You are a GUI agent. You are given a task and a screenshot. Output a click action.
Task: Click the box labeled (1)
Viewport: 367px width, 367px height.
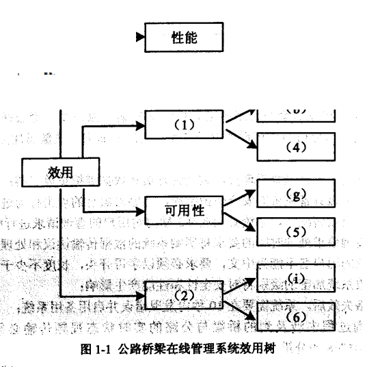pos(184,125)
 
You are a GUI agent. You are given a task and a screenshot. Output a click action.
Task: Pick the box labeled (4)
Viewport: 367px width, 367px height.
pos(296,146)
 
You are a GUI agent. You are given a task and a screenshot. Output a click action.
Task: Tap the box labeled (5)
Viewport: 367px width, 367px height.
pos(296,231)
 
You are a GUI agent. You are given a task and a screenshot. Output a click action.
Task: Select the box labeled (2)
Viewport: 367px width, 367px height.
pos(184,296)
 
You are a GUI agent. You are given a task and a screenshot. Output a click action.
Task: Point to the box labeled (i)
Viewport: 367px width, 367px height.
pos(296,278)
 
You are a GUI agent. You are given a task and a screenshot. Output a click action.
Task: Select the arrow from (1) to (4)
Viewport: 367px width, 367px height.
pos(241,136)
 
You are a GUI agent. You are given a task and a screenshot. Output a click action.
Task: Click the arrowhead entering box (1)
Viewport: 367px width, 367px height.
pos(141,125)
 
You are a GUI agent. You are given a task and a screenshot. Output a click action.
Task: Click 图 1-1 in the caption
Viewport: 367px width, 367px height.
pos(95,351)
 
